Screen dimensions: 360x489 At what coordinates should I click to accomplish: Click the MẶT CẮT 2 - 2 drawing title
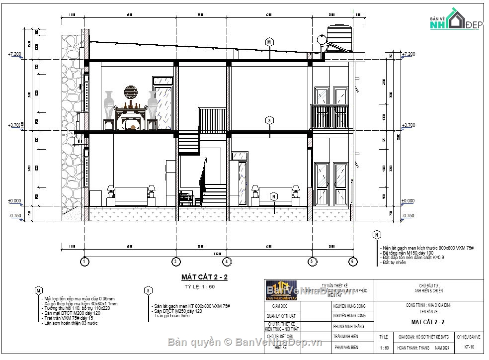click(x=204, y=277)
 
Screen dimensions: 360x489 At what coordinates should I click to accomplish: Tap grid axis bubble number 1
click(x=85, y=261)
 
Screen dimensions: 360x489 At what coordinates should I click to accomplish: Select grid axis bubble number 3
click(x=175, y=261)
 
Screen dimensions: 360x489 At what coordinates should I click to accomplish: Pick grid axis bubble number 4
click(x=226, y=261)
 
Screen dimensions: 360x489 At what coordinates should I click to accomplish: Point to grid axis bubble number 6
click(x=351, y=261)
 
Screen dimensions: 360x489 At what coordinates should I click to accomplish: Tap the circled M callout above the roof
click(x=269, y=42)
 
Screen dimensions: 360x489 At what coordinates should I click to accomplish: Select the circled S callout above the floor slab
click(x=269, y=120)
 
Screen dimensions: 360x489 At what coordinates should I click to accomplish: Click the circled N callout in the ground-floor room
click(x=273, y=196)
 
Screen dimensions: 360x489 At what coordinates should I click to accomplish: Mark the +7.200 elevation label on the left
click(x=14, y=54)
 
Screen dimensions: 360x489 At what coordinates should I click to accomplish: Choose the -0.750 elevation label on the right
click(x=408, y=215)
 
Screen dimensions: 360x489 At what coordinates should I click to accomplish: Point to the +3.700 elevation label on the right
click(x=408, y=125)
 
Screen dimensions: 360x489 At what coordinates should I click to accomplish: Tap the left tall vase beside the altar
click(x=109, y=105)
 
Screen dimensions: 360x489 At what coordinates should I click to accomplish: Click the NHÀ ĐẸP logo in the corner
click(x=453, y=20)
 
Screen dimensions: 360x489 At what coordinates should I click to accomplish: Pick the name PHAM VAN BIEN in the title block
click(x=346, y=348)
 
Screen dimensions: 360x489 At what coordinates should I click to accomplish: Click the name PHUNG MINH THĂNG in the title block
click(x=349, y=327)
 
